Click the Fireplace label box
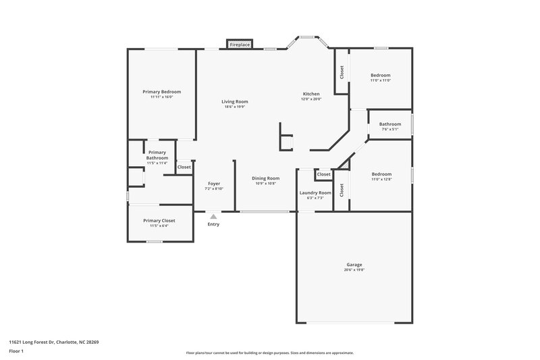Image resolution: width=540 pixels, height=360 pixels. point(240,45)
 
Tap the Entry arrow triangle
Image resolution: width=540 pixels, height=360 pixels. point(213,217)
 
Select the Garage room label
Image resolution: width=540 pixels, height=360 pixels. point(354,264)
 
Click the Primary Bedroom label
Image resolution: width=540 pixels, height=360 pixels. point(161,91)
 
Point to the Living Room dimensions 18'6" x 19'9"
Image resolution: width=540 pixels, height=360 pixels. point(235,107)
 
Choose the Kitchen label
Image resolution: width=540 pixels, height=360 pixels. point(311,93)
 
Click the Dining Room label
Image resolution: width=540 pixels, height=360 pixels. point(267,178)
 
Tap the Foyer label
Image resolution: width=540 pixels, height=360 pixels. point(214,183)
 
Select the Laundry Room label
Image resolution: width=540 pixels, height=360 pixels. point(315,192)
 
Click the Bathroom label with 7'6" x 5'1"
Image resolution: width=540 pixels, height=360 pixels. point(389,124)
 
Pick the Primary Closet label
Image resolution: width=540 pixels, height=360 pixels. point(159,220)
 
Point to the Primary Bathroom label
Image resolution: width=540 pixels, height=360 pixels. point(157,155)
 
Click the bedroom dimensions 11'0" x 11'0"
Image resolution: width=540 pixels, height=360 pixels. point(381,80)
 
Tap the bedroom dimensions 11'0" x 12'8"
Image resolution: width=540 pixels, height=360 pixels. point(381,180)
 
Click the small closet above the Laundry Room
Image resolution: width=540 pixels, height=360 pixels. point(324,174)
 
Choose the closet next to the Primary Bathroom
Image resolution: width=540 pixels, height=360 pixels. point(184,167)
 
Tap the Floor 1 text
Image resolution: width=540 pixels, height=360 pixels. point(16,352)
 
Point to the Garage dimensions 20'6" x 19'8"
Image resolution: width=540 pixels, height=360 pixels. point(354,269)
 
